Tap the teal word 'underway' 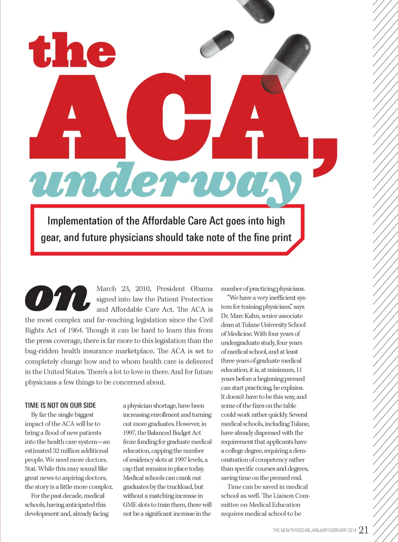click(x=166, y=183)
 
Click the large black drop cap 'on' click(x=57, y=298)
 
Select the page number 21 click(x=363, y=530)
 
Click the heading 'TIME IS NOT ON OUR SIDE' click(x=61, y=405)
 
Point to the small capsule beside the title click(x=217, y=44)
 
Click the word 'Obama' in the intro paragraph click(x=201, y=289)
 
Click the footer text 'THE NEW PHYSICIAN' click(x=291, y=530)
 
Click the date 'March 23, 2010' click(x=123, y=289)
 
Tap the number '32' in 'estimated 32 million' click(x=56, y=451)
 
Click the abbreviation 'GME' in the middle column click(x=130, y=505)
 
